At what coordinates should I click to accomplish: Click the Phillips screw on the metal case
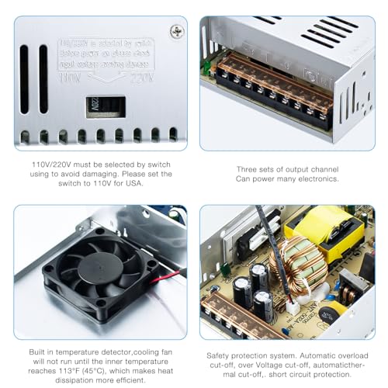click(177, 32)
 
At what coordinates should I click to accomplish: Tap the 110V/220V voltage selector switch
click(106, 106)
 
